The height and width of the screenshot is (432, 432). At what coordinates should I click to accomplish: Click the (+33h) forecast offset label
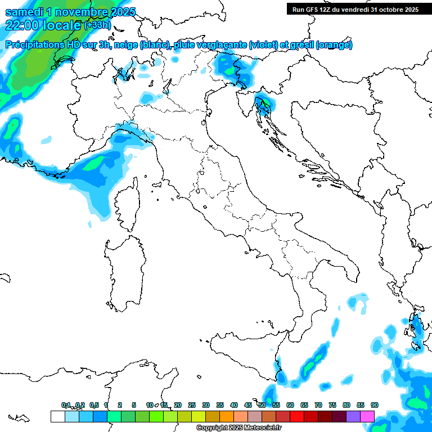(x=97, y=25)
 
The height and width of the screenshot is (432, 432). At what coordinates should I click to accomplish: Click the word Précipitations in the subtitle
(x=39, y=45)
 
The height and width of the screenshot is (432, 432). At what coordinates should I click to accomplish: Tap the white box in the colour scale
(x=57, y=416)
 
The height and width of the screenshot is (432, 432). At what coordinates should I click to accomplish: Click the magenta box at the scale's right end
(x=367, y=416)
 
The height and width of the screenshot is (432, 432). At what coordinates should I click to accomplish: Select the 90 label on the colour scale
(x=374, y=405)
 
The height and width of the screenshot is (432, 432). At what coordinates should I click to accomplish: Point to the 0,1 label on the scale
(x=66, y=405)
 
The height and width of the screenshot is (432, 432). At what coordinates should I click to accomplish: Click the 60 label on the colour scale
(x=290, y=405)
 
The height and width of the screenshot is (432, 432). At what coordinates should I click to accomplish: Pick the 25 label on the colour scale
(x=192, y=405)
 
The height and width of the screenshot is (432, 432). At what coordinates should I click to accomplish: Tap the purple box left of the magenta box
(x=353, y=416)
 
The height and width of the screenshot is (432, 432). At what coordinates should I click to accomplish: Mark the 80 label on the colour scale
(x=346, y=405)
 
